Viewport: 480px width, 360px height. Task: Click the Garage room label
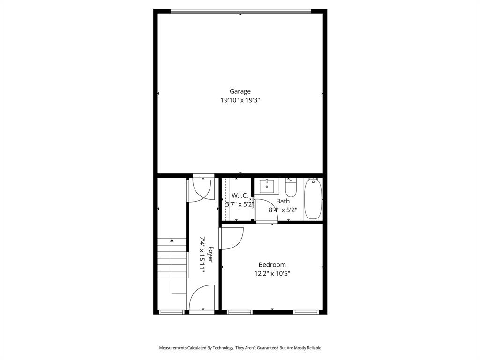coord(240,91)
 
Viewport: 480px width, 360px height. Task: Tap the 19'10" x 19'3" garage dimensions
coord(240,100)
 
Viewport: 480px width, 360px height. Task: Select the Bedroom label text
coord(272,265)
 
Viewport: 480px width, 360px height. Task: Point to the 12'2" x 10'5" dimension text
coord(272,274)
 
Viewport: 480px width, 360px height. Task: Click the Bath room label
coord(283,201)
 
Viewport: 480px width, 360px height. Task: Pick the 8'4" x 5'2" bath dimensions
coord(283,210)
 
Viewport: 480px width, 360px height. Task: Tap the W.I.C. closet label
coord(240,195)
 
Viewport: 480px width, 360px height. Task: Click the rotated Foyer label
coord(211,254)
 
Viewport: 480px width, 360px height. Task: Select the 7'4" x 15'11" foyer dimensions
coord(202,254)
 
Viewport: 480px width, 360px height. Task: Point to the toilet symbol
coord(291,188)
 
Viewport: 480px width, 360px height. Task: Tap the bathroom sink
coord(267,186)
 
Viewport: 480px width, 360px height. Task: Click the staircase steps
coord(172,258)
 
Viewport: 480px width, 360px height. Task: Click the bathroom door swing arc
coord(264,210)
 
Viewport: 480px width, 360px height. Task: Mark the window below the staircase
coord(172,312)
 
